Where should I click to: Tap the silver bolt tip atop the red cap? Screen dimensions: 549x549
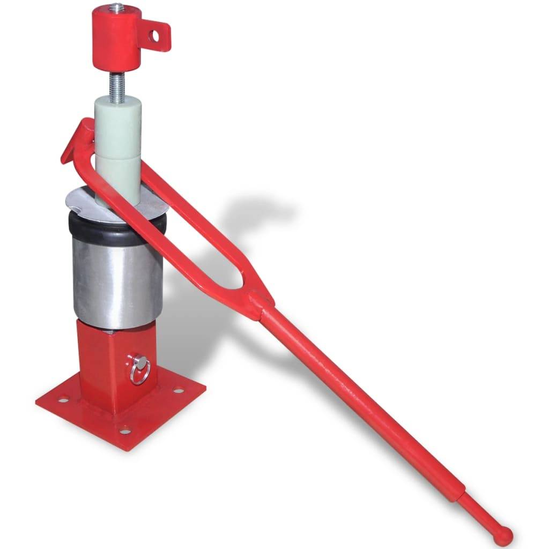(x=115, y=8)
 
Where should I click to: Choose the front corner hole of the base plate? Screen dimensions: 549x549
(x=124, y=431)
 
